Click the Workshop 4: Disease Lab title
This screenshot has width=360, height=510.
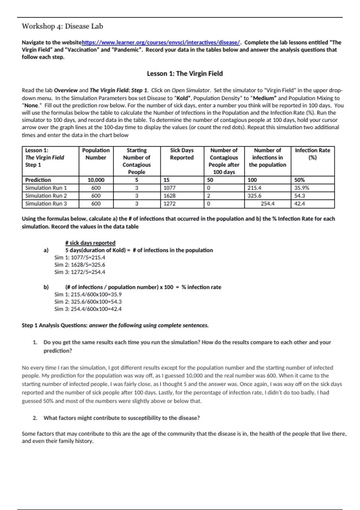pyautogui.click(x=62, y=26)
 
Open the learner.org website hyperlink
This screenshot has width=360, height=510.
pyautogui.click(x=161, y=43)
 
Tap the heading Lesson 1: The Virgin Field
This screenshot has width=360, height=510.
pyautogui.click(x=184, y=73)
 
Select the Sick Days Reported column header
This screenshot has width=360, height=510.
pyautogui.click(x=182, y=154)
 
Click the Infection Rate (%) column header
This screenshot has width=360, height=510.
pyautogui.click(x=312, y=154)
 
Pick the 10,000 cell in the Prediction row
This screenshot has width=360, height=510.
pyautogui.click(x=96, y=180)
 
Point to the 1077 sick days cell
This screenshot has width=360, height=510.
pyautogui.click(x=169, y=188)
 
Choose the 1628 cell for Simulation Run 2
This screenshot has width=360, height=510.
pyautogui.click(x=169, y=196)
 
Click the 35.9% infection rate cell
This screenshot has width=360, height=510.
pyautogui.click(x=301, y=188)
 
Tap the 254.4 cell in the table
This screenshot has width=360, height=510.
pyautogui.click(x=268, y=204)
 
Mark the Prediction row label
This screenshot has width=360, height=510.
pyautogui.click(x=38, y=180)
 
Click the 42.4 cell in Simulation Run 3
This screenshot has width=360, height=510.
pyautogui.click(x=300, y=204)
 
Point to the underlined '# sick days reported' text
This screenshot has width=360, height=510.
pyautogui.click(x=90, y=243)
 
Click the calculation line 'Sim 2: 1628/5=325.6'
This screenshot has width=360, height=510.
pyautogui.click(x=80, y=265)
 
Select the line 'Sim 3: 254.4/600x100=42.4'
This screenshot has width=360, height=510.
pyautogui.click(x=88, y=309)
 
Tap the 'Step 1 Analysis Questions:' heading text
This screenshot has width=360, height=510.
pyautogui.click(x=55, y=325)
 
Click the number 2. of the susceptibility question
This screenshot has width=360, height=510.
pyautogui.click(x=35, y=418)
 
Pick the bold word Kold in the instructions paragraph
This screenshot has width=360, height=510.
pyautogui.click(x=182, y=98)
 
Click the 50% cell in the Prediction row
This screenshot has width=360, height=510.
pyautogui.click(x=299, y=180)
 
